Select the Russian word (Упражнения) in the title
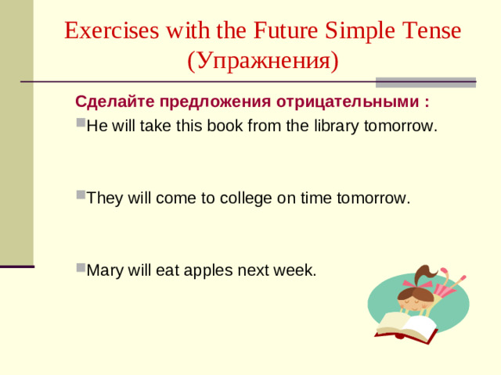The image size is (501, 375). [263, 60]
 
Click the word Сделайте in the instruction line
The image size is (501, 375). [114, 102]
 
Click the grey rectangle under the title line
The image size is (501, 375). [426, 82]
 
